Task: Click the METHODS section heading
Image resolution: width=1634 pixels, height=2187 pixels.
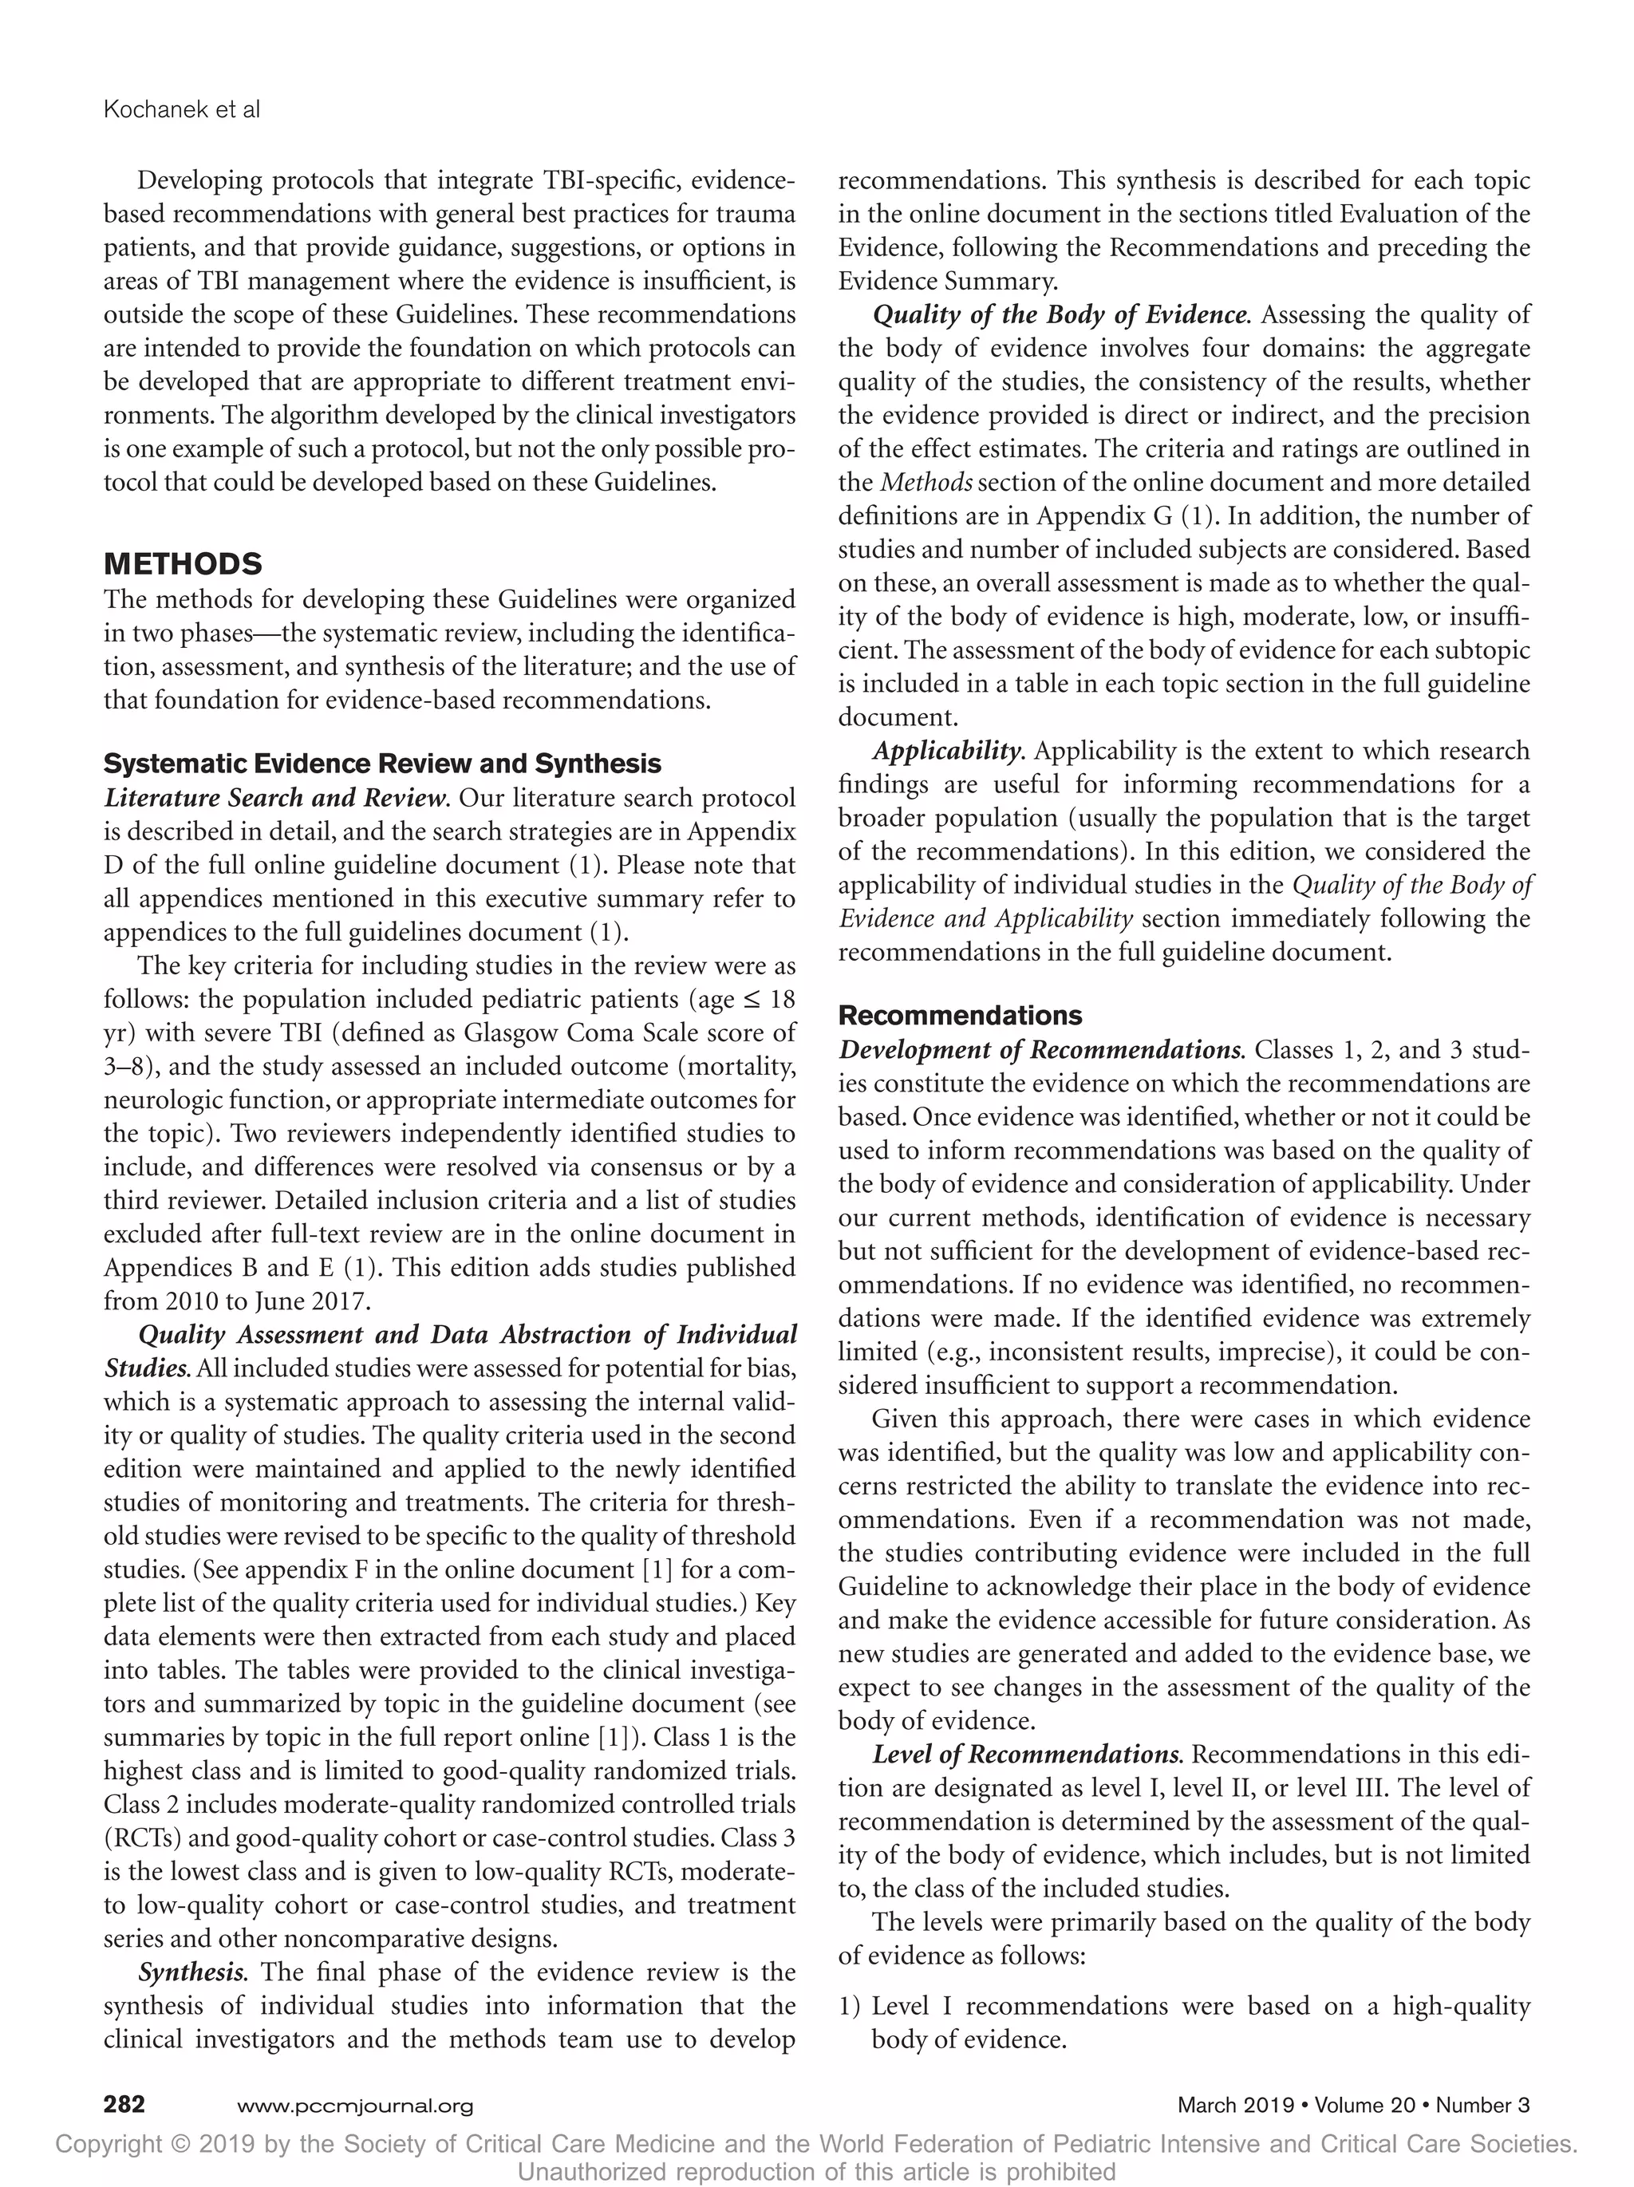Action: [183, 565]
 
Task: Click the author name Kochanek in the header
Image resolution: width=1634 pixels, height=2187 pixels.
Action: [150, 110]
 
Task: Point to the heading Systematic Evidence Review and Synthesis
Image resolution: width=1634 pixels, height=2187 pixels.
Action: [382, 764]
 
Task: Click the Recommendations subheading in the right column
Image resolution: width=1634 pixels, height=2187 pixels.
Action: [959, 1016]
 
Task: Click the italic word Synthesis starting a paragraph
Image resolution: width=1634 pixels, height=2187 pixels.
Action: [191, 1972]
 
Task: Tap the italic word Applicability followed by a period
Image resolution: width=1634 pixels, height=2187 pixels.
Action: [946, 751]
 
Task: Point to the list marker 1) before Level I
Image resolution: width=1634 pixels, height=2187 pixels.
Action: [849, 2006]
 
